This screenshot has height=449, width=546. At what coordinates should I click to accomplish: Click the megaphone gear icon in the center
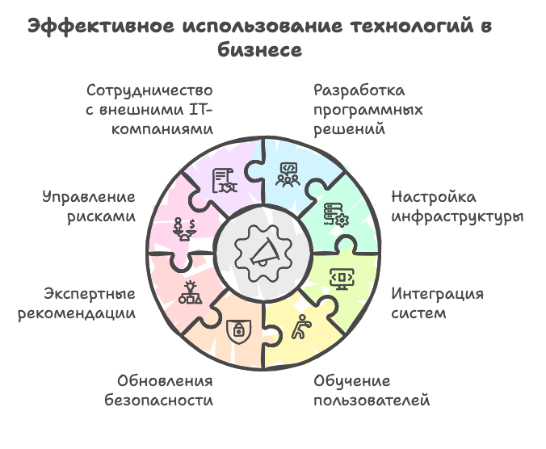pos(263,254)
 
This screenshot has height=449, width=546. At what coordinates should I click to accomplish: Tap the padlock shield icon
pos(238,330)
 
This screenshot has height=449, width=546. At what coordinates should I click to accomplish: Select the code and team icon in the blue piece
pos(288,174)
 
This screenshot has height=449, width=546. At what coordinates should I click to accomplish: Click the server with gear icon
pos(336,215)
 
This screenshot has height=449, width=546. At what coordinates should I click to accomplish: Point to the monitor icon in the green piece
pos(342,279)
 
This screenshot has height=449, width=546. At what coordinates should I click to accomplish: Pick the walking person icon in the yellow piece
pos(300,327)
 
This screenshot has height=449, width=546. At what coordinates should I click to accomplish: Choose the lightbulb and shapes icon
pos(190,292)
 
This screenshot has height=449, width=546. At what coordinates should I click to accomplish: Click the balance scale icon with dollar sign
pos(184,229)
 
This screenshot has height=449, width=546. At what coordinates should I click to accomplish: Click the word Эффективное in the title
pos(101,27)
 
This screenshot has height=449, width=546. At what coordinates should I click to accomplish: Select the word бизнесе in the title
pos(260,50)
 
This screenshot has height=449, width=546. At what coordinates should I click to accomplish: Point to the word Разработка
pos(359,90)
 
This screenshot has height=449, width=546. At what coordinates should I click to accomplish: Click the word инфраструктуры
pos(457,217)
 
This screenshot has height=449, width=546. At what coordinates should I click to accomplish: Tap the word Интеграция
pos(437,294)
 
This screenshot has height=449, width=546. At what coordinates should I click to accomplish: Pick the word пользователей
pos(372,401)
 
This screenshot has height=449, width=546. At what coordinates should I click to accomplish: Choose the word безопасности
pos(159,400)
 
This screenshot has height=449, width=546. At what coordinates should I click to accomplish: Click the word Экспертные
pos(90,294)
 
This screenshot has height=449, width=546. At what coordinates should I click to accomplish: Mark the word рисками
pos(101,217)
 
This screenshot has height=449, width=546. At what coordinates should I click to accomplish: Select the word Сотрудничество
pos(149,90)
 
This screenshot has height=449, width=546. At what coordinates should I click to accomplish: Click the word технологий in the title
pos(412,27)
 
